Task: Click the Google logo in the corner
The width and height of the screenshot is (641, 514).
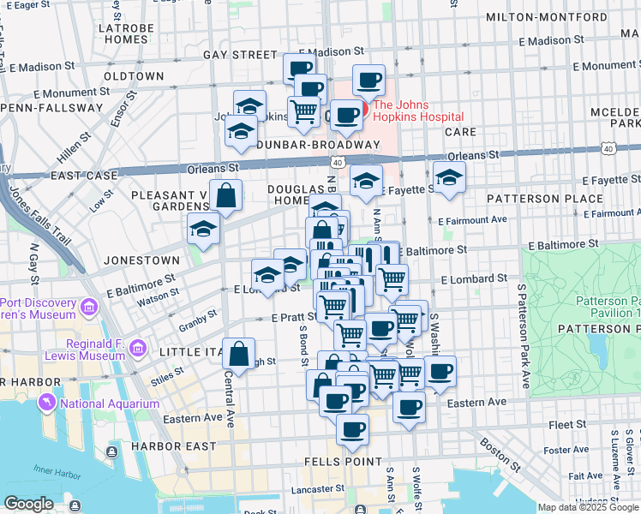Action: (x=28, y=504)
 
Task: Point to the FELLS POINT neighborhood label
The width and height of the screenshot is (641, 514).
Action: (x=344, y=461)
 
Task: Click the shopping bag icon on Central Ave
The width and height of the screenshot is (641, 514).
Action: (x=239, y=352)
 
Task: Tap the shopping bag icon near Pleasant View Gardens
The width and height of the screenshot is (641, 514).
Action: (x=226, y=194)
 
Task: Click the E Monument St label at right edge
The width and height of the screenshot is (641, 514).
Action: (x=606, y=65)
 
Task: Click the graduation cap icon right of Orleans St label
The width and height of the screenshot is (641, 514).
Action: (x=450, y=177)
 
